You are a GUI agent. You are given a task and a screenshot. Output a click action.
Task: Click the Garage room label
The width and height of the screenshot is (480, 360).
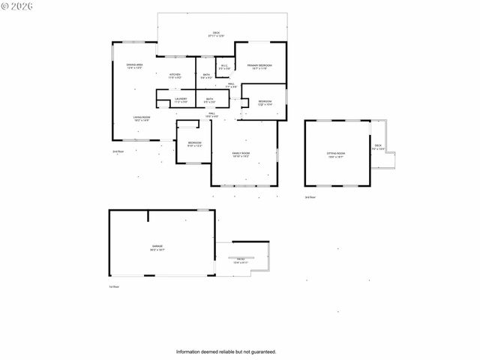(157, 247)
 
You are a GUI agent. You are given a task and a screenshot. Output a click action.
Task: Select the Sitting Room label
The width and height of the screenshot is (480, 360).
(335, 153)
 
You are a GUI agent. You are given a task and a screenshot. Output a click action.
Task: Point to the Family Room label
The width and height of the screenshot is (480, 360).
(241, 154)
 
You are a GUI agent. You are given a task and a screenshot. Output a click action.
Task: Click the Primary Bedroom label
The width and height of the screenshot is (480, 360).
(259, 67)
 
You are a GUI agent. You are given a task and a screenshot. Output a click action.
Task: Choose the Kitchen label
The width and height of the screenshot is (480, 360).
(175, 76)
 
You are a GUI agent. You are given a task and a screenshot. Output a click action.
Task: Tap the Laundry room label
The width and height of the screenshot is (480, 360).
(180, 100)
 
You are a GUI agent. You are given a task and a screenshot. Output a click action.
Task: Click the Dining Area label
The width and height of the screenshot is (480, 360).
(134, 67)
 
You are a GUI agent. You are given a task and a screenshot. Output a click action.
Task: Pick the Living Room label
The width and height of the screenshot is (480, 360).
(142, 118)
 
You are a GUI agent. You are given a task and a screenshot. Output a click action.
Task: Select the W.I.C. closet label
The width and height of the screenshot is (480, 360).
(224, 67)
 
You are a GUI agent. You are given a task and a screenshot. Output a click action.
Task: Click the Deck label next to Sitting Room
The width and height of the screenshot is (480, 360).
(378, 147)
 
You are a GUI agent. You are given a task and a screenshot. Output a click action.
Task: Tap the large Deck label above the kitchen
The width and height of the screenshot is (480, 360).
(216, 34)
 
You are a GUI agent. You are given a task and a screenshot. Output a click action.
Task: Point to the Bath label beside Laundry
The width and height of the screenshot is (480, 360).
(210, 100)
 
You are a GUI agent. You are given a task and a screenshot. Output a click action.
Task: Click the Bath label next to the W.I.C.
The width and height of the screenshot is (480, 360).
(206, 76)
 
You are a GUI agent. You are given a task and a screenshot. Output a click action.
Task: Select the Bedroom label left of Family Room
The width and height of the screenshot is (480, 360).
(194, 144)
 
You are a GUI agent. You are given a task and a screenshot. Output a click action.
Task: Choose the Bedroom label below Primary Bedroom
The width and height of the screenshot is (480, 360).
(265, 103)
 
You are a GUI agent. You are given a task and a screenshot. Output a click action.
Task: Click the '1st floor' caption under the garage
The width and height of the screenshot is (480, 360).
(115, 286)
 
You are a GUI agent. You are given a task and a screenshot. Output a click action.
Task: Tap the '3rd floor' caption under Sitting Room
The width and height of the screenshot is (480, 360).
(310, 197)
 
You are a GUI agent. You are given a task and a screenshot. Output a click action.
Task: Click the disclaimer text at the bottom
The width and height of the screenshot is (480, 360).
(226, 351)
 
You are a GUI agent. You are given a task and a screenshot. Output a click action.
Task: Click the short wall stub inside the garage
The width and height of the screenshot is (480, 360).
(148, 216)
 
